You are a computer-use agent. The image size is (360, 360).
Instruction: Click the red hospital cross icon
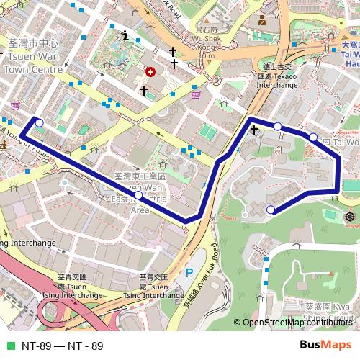tap(150, 73)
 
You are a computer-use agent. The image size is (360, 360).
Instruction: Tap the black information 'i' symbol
tap(126, 35)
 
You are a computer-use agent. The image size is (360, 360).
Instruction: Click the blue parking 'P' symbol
tap(189, 273)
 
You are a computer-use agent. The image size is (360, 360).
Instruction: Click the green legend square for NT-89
tap(8, 346)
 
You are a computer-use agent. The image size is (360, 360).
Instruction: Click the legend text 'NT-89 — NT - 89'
tap(62, 346)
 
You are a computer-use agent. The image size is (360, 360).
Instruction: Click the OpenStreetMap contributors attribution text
tap(297, 322)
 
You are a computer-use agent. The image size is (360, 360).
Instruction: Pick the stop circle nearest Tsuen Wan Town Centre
tap(39, 123)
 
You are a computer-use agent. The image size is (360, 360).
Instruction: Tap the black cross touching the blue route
tap(254, 130)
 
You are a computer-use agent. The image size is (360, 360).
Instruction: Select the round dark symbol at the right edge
tap(351, 217)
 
